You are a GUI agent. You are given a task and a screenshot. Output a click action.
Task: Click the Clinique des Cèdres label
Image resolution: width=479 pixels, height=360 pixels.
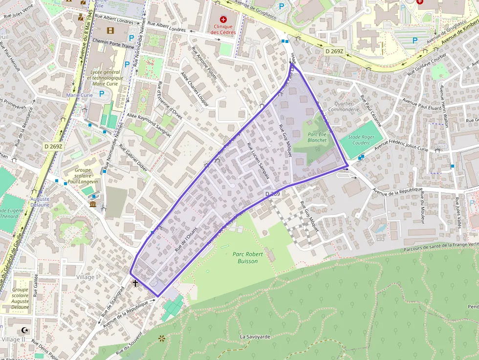coord(223,29)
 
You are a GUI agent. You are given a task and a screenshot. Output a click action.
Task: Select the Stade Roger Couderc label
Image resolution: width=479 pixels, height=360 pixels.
coord(361,140)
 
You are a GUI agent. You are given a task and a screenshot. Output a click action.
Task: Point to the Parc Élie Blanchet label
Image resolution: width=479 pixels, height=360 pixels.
coord(317,137)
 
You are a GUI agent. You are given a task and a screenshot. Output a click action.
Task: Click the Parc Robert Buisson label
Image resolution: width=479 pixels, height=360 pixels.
coord(248,257)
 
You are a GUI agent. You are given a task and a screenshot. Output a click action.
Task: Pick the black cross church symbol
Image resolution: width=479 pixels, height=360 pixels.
coord(135,283)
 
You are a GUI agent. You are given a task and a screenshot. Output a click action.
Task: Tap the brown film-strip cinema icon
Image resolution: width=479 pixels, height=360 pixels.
coord(110,31)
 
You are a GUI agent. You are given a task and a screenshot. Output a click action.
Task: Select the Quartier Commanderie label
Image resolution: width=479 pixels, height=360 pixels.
coord(343,106)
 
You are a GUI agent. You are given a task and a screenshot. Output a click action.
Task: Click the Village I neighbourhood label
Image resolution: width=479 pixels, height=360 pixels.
coord(87,277)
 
